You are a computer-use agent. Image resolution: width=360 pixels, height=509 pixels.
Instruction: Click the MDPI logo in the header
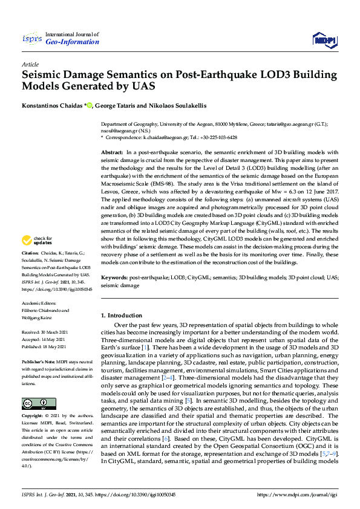(324, 40)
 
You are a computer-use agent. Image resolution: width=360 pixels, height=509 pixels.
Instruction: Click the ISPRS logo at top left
(31, 39)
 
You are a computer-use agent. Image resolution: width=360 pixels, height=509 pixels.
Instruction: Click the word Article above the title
(30, 63)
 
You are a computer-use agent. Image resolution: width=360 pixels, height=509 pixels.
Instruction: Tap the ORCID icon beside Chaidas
(90, 106)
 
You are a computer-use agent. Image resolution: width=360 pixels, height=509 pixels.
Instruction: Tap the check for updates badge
(36, 257)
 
